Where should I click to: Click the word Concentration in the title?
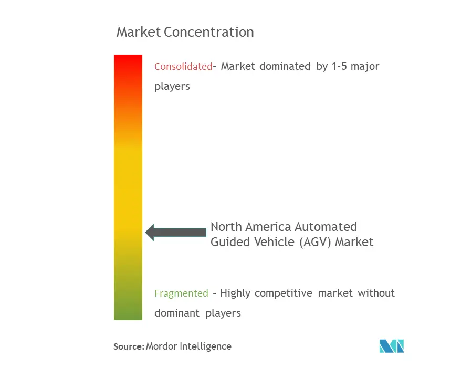pos(209,32)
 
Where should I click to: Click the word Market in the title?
pos(139,32)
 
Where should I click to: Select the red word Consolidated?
pos(184,67)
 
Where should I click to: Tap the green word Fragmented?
pos(181,293)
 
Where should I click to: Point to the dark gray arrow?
pos(176,232)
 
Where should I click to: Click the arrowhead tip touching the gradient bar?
pos(145,232)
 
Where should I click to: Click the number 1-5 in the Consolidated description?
pos(339,67)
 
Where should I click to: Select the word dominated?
pos(285,67)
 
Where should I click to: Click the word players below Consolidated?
pos(172,87)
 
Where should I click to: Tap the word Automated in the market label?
pos(326,227)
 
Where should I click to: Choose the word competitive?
pos(284,293)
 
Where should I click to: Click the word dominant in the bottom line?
pos(177,313)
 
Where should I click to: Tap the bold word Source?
pos(129,346)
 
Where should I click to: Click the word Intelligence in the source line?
pos(205,346)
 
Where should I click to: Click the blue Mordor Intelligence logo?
pos(392,346)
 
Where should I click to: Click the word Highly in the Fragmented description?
pos(235,293)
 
